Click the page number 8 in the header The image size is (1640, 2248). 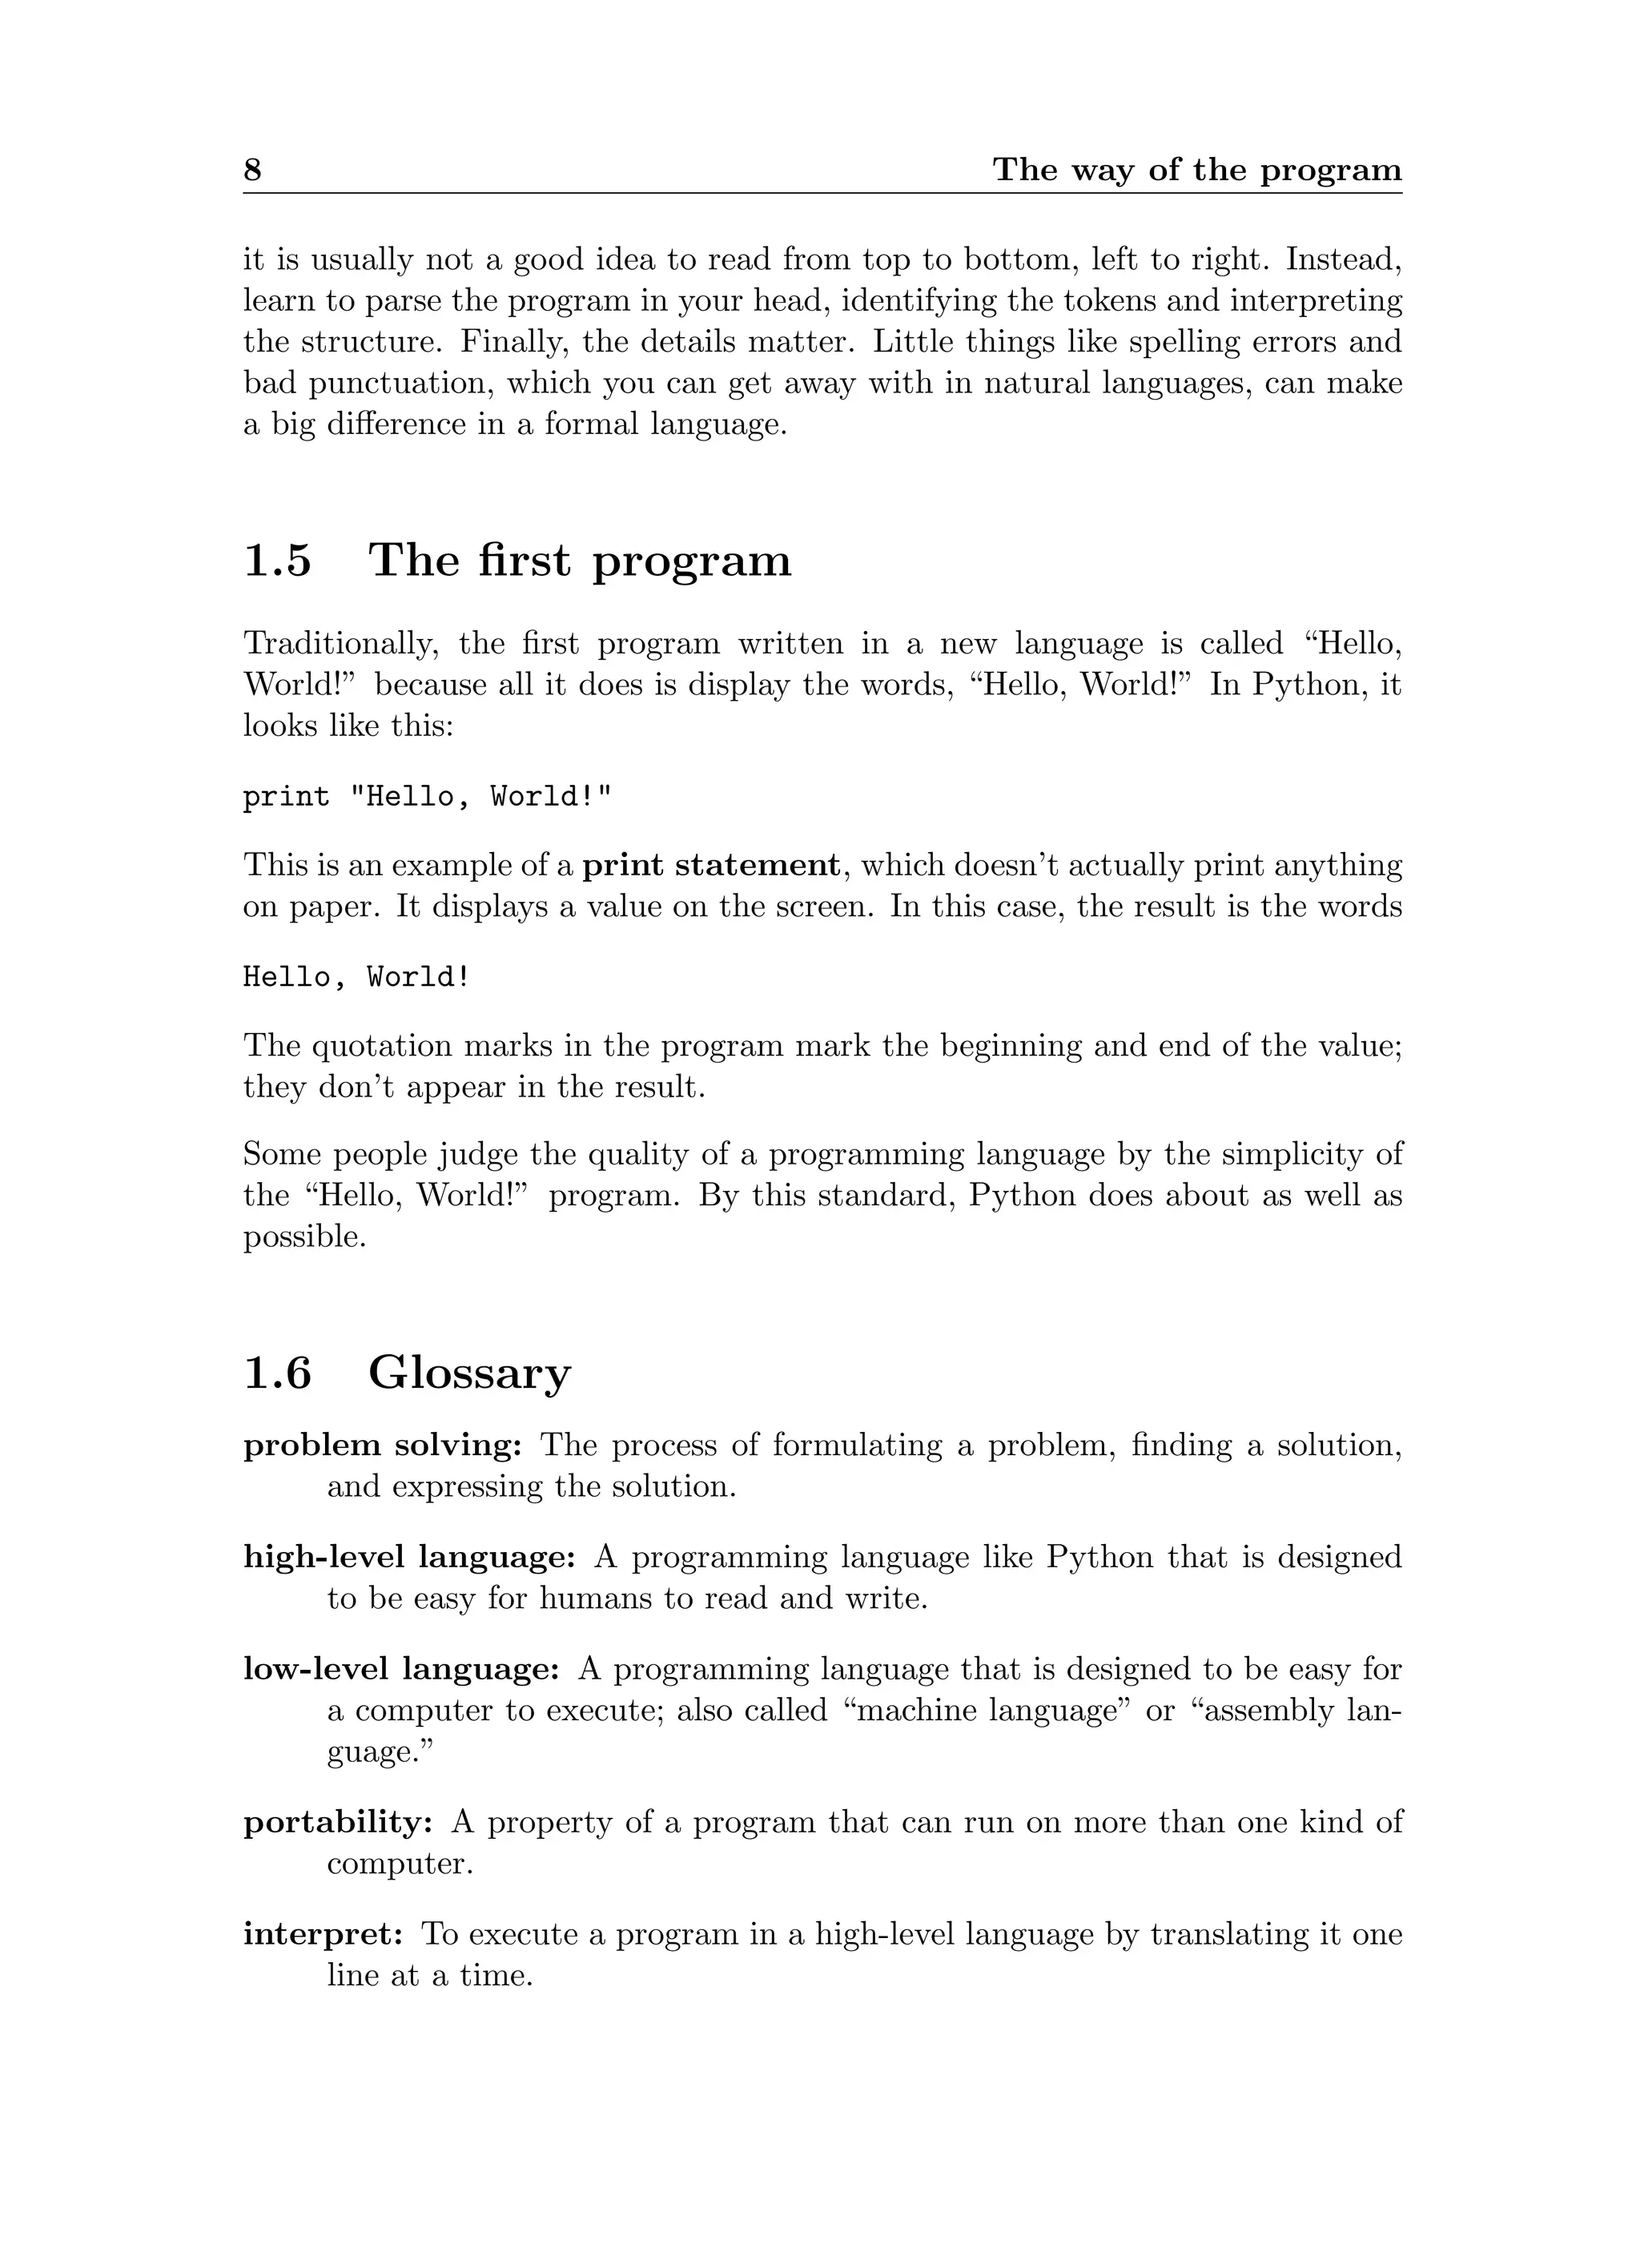[252, 170]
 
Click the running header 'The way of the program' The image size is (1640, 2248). [1196, 170]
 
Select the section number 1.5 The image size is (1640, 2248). [277, 561]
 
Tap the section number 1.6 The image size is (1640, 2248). [277, 1373]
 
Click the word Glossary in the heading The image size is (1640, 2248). [469, 1375]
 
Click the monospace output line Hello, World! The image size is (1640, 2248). [356, 978]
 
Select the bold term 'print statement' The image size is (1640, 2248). [711, 866]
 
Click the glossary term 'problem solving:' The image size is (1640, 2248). [382, 1446]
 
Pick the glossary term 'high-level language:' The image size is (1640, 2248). [409, 1558]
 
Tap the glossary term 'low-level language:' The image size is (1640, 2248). [402, 1670]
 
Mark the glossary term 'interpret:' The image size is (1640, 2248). [323, 1934]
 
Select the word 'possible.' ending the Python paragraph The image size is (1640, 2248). [305, 1237]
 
